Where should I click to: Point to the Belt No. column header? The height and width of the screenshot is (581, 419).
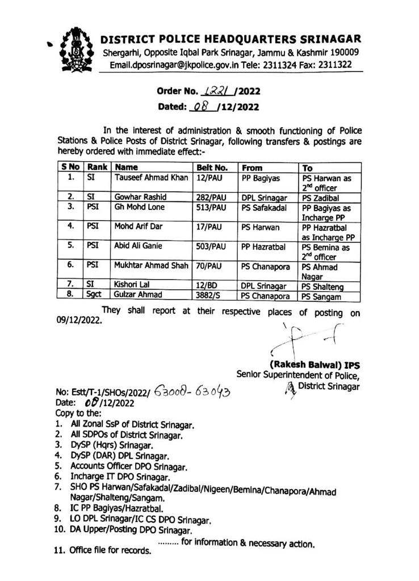click(212, 168)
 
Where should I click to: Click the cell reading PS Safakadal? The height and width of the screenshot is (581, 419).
click(263, 209)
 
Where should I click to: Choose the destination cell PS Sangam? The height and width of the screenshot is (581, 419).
click(321, 296)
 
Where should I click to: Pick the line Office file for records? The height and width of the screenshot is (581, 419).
click(110, 551)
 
